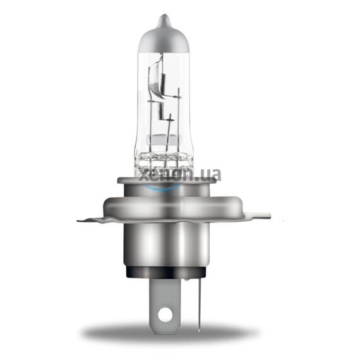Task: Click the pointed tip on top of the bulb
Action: [164, 19]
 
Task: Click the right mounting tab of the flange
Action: [253, 216]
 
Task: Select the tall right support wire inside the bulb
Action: [179, 120]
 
